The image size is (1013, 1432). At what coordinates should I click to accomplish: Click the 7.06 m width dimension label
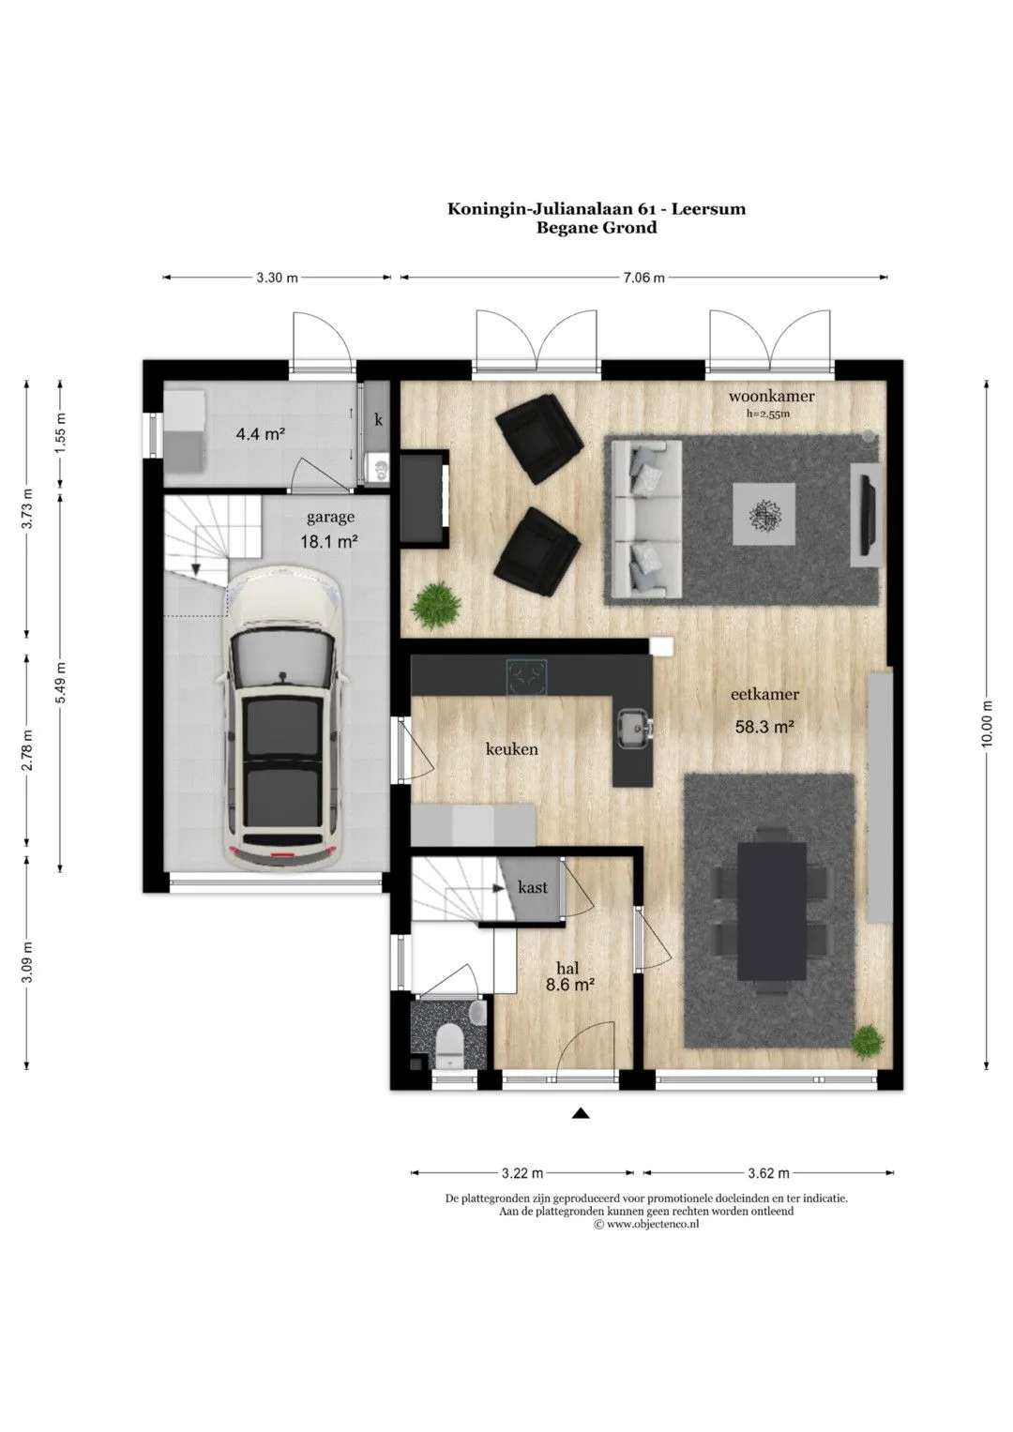click(643, 278)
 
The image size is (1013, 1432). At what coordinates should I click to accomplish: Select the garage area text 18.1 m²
click(328, 542)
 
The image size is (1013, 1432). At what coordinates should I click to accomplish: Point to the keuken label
click(511, 748)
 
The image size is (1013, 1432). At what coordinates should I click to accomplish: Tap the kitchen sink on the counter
click(634, 728)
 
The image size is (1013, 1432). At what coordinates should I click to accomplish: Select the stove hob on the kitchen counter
click(526, 677)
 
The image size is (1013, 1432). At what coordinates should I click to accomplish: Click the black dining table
click(772, 911)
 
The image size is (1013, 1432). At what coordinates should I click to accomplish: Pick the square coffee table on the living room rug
click(764, 513)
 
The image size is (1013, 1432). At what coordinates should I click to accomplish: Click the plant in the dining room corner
click(868, 1041)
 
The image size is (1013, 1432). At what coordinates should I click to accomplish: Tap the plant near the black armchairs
click(436, 605)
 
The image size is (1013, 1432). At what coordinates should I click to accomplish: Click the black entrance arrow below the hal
click(580, 1114)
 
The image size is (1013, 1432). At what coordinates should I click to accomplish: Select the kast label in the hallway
click(533, 887)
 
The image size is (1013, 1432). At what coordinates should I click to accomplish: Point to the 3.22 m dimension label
click(522, 1173)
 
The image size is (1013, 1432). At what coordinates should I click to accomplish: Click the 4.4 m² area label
click(261, 435)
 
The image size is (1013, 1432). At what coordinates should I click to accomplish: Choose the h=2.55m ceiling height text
click(768, 414)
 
